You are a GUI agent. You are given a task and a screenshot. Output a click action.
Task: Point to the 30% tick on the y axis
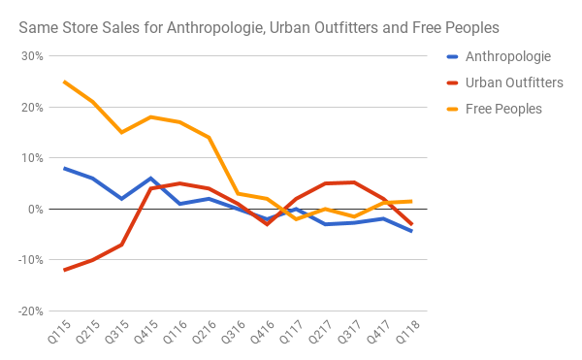coord(33,55)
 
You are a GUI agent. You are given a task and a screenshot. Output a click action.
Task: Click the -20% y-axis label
coord(31,311)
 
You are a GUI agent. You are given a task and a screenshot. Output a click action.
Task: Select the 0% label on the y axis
coord(37,209)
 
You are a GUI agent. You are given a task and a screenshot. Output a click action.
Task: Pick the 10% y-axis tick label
coord(33,157)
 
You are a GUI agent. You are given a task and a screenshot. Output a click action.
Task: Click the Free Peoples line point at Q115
coord(64,82)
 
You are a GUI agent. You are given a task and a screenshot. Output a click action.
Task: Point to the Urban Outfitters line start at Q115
coord(64,270)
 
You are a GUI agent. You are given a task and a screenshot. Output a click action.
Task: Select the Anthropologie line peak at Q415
coord(151,179)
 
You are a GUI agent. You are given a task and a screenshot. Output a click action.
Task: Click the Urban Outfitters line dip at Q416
coord(267,224)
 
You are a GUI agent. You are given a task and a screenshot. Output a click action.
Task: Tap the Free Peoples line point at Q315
coord(122,132)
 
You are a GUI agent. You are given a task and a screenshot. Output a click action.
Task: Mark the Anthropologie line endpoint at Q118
coord(411,231)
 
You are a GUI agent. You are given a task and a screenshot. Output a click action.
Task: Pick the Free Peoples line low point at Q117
coord(296,219)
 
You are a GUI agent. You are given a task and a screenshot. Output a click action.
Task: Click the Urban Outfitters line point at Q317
coord(354,182)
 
